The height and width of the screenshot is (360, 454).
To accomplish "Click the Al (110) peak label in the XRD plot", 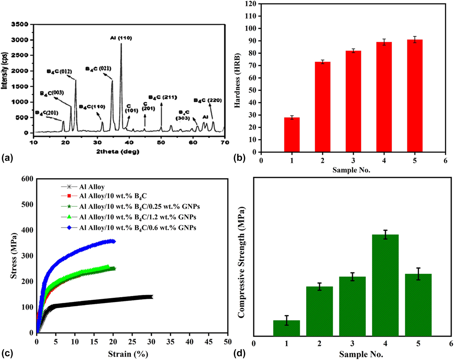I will [x=121, y=38].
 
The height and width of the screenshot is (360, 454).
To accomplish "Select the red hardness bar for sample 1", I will [x=292, y=135].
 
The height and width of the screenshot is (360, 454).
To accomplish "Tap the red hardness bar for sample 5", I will [x=415, y=96].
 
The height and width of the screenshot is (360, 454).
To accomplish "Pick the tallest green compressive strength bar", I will [x=385, y=285].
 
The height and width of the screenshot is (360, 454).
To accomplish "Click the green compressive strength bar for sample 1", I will [x=286, y=328].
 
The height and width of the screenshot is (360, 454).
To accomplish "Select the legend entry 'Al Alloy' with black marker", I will [x=92, y=187].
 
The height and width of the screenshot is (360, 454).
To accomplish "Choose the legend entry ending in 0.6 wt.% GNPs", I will [x=137, y=228].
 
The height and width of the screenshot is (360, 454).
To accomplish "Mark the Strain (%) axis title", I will [x=128, y=354].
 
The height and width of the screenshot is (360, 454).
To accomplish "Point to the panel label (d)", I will [x=240, y=352].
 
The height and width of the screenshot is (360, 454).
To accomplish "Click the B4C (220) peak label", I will [x=208, y=100].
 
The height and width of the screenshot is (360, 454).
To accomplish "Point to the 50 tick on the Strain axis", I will [x=228, y=342].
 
